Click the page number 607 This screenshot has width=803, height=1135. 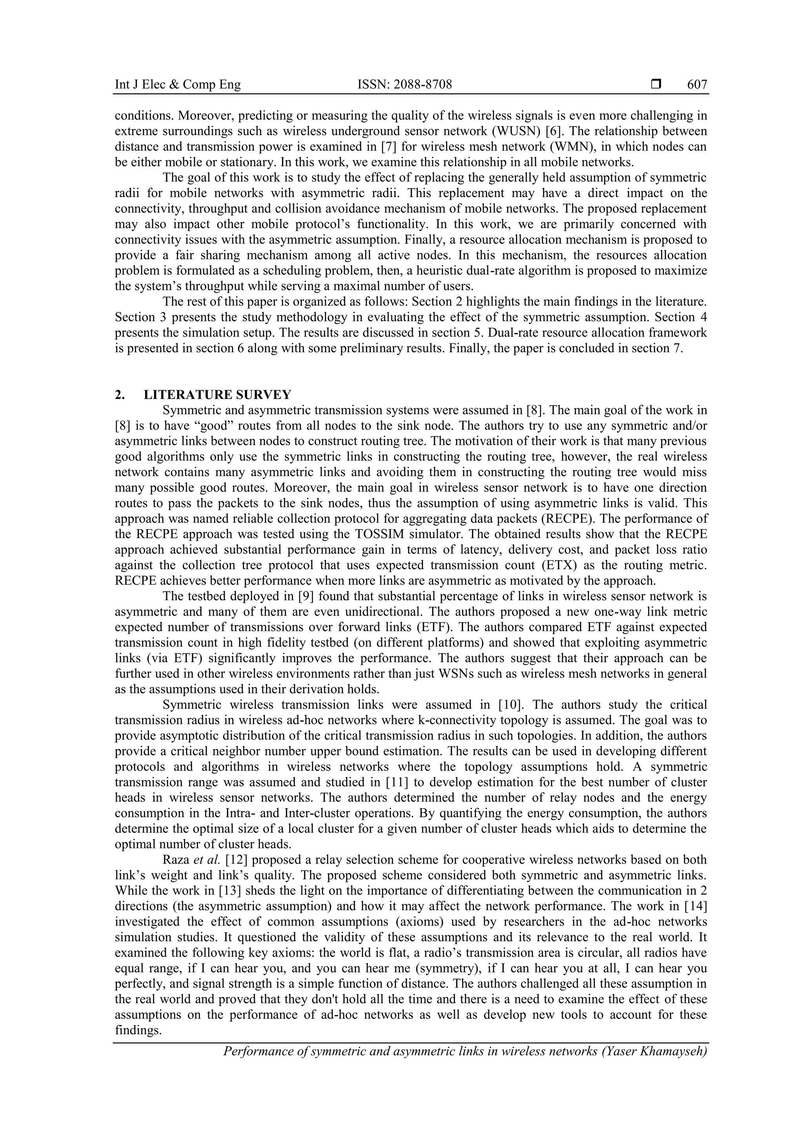pos(697,85)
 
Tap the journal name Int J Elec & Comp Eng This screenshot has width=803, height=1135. pos(178,85)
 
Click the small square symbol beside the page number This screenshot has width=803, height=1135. pos(656,85)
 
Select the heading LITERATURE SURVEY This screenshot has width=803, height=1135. pos(217,395)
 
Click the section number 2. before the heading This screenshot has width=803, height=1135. pos(120,395)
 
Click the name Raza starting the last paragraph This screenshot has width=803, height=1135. pos(176,860)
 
